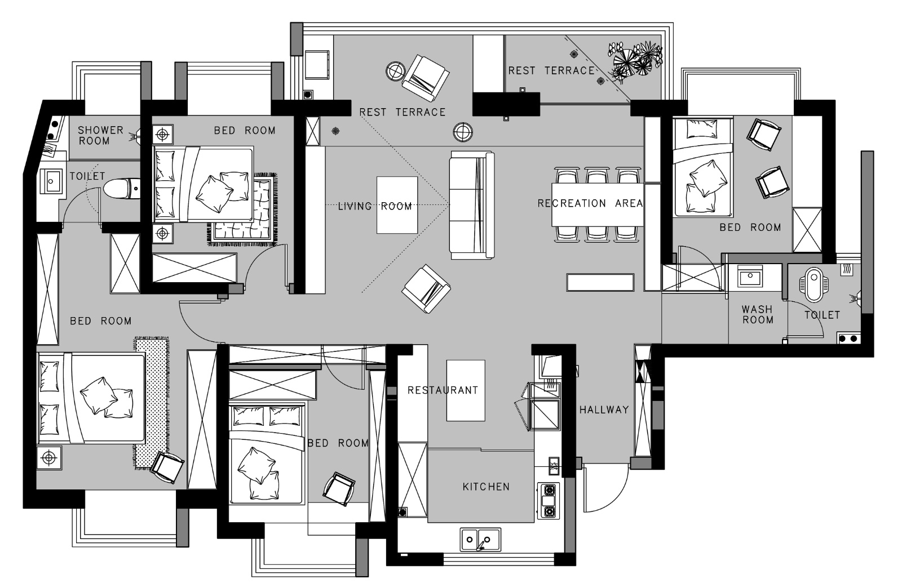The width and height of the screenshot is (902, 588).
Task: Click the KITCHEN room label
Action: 486,487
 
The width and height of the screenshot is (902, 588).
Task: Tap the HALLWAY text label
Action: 604,409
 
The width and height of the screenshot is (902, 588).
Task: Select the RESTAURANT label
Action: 443,390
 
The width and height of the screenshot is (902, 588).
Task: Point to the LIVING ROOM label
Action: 375,206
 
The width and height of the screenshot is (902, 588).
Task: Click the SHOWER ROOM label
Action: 100,136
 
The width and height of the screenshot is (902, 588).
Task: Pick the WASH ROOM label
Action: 758,314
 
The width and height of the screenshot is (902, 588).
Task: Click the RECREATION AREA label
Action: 590,203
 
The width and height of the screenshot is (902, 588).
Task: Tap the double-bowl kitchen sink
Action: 480,540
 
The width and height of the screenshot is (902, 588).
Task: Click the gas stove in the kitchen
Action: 549,501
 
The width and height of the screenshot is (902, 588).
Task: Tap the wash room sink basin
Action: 750,277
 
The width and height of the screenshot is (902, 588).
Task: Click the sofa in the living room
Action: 472,204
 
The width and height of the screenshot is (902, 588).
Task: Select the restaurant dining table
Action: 466,390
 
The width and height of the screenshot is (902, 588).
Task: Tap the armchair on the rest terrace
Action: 426,78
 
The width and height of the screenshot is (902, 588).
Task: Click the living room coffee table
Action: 397,204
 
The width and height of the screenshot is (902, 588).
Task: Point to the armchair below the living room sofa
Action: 426,288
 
